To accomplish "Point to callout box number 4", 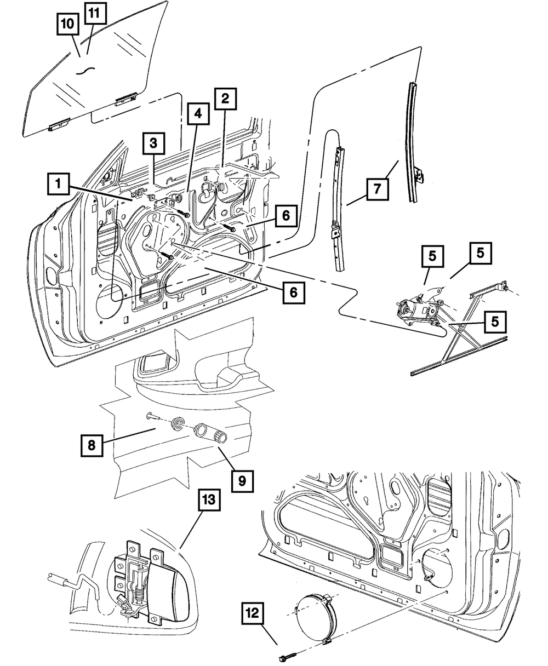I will [x=197, y=115].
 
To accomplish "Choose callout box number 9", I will [x=241, y=481].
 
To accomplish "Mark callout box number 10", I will [x=68, y=25].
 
